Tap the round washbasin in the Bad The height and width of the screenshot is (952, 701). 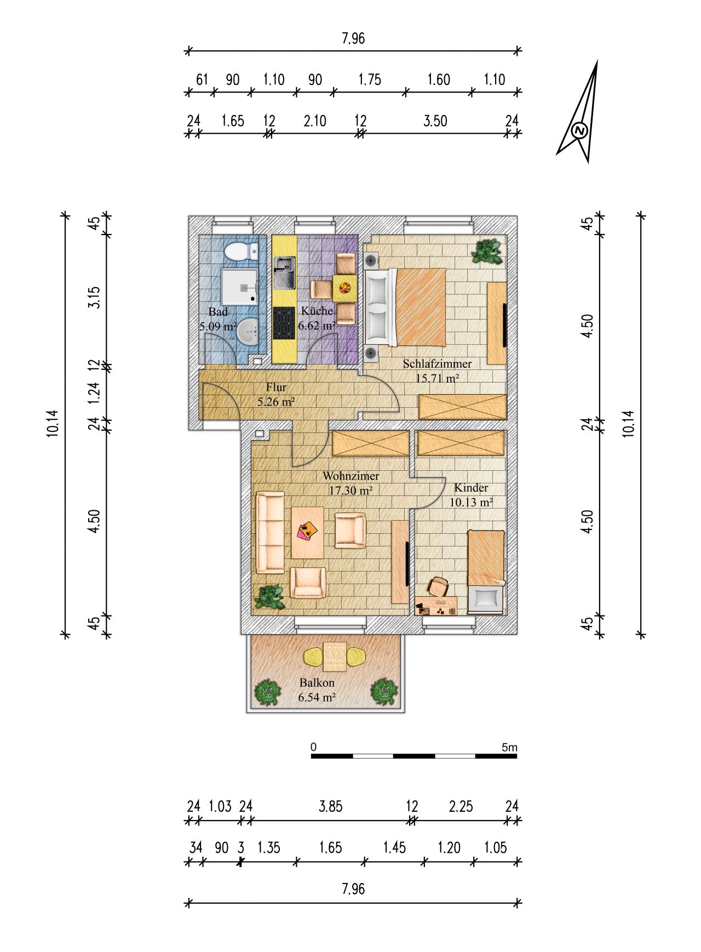(x=250, y=330)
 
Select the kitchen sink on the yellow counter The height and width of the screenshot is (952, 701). (x=284, y=273)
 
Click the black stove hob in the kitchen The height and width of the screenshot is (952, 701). (x=284, y=323)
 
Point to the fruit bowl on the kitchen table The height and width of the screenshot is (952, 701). (x=345, y=287)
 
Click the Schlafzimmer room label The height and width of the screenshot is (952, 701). (x=437, y=363)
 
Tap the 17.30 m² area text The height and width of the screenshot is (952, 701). (x=350, y=491)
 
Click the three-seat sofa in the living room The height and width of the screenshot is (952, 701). (x=270, y=532)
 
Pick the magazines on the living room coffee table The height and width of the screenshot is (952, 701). (x=307, y=531)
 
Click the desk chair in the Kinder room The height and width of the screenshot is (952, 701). (x=438, y=586)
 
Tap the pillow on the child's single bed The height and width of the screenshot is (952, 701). (x=486, y=598)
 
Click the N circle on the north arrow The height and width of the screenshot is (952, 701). (x=579, y=130)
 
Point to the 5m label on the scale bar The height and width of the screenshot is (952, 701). (x=509, y=747)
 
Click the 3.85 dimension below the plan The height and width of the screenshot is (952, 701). (x=330, y=806)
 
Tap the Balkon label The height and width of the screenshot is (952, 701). (x=317, y=683)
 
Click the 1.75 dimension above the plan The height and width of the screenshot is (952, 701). (x=370, y=79)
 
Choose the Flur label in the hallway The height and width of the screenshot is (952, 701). (x=276, y=387)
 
